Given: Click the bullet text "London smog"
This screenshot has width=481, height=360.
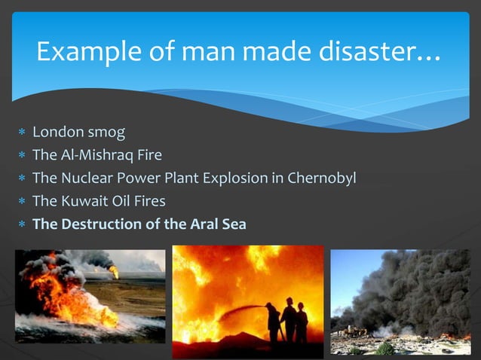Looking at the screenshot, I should [x=78, y=133].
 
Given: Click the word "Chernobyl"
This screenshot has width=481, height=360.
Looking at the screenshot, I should [x=318, y=178].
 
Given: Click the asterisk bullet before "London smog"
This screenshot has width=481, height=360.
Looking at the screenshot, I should [x=22, y=133].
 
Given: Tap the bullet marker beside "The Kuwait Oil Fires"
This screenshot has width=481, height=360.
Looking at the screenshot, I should [x=22, y=202].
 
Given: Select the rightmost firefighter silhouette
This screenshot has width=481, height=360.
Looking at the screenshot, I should [x=302, y=322].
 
